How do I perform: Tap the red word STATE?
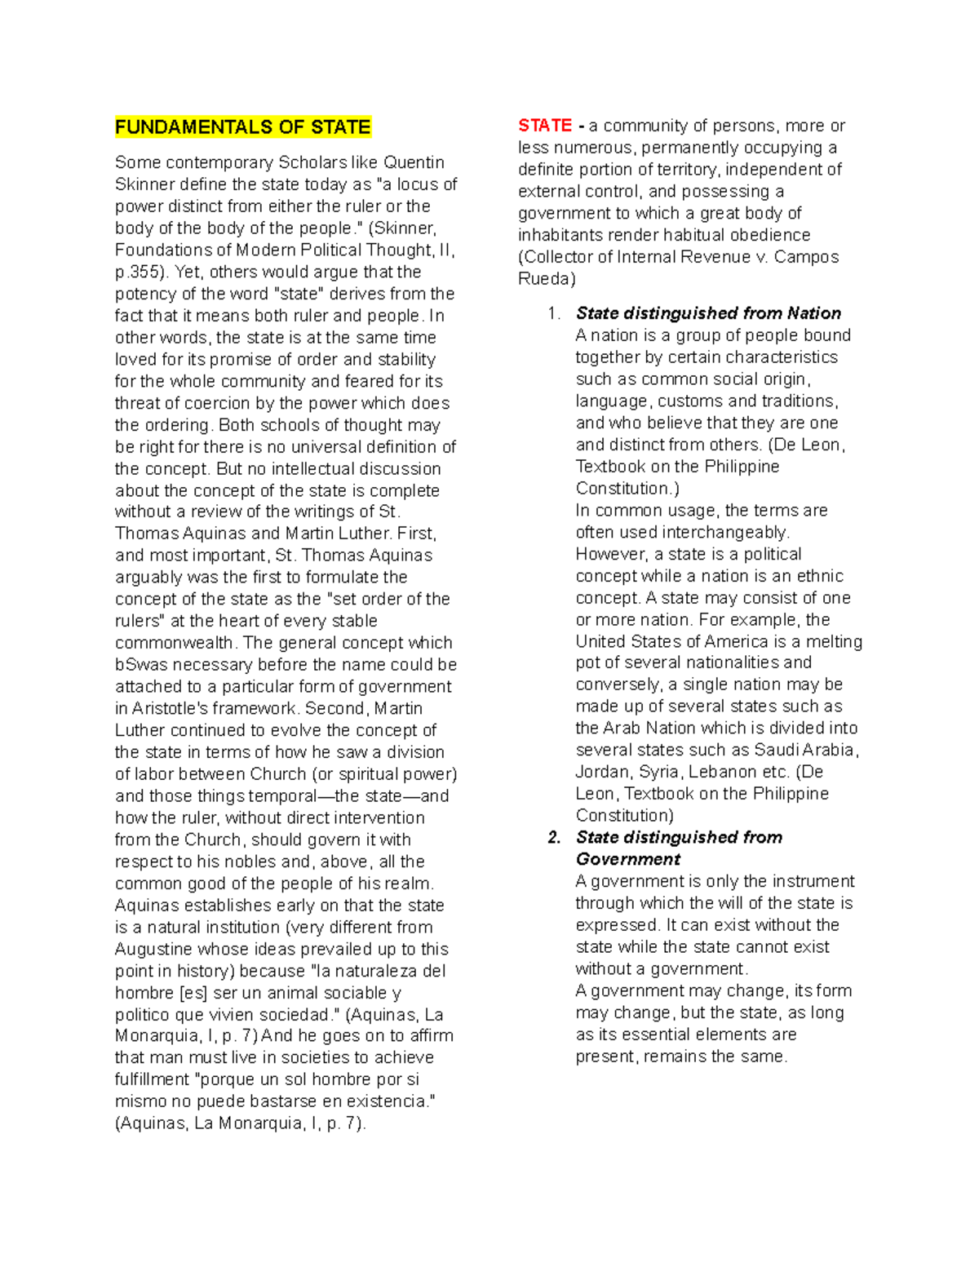coord(544,126)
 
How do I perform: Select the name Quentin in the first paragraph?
coord(414,162)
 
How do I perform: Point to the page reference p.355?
coord(140,272)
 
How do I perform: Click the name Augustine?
coord(153,949)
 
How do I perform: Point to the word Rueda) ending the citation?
coord(547,279)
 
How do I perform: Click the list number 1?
coord(555,314)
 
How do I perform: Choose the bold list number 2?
coord(555,838)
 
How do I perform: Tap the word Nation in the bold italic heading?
coord(813,313)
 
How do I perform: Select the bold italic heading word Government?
coord(627,859)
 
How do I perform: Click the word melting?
coord(826,641)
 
